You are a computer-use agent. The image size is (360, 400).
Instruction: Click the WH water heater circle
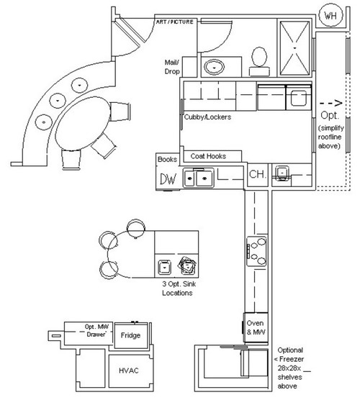coord(330,15)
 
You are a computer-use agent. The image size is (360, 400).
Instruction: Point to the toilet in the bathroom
coord(257,59)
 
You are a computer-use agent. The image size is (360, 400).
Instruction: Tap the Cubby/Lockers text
coord(207,117)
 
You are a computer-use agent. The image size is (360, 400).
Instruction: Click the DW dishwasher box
coord(168,178)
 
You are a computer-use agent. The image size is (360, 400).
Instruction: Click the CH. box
coord(257,175)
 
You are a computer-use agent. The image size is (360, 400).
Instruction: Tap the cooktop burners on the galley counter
coord(255,250)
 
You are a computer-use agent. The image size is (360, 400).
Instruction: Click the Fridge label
coord(131,336)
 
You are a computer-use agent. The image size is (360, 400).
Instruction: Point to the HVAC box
coord(128,370)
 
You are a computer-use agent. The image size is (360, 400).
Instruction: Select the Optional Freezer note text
coord(294,365)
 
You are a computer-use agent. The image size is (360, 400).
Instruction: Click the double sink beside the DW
coord(199,177)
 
